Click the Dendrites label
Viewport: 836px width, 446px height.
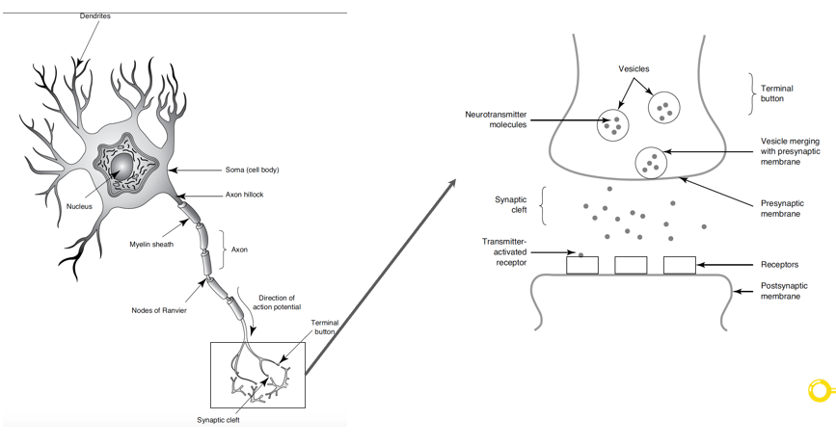coord(94,16)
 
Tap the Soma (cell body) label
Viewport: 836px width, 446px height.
coord(252,170)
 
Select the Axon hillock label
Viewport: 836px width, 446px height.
coord(244,195)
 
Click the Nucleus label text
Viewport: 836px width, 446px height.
coord(81,206)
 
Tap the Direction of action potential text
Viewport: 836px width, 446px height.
coord(277,302)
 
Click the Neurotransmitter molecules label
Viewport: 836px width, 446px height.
coord(496,119)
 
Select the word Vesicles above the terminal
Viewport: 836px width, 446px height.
coord(634,69)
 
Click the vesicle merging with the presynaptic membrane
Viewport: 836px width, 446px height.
coord(652,162)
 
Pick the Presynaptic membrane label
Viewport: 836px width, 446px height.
coord(779,208)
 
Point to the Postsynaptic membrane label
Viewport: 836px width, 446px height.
coord(779,291)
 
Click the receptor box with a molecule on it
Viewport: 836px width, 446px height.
coord(581,264)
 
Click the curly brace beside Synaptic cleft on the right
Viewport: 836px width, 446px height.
coord(543,205)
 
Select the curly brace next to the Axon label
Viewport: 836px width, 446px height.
coord(223,249)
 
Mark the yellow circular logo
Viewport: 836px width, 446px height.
coord(819,390)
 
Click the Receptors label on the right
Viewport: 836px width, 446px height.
coord(780,264)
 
